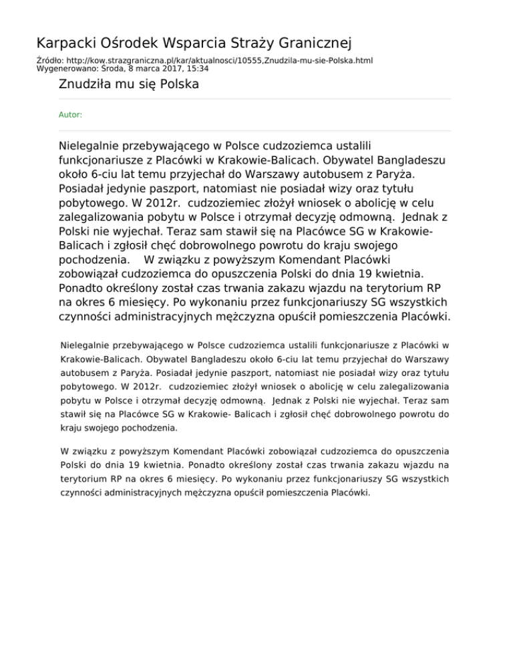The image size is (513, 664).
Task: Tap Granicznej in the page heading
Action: [315, 44]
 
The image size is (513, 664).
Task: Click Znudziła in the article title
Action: [85, 85]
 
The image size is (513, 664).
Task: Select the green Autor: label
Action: [71, 115]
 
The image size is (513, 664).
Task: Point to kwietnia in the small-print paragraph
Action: [165, 464]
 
